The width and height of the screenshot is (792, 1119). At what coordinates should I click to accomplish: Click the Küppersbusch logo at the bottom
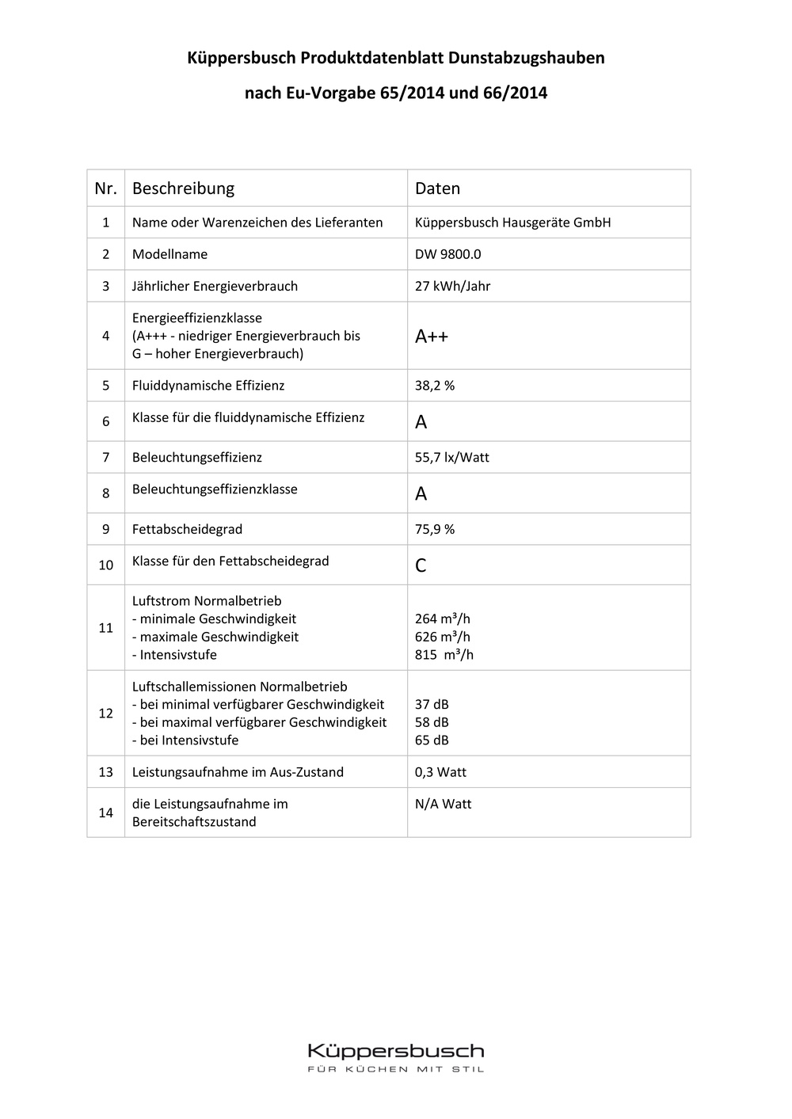[395, 1051]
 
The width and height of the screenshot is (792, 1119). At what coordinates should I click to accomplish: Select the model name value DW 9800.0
[447, 254]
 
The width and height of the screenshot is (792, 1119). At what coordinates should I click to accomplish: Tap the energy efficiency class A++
[432, 337]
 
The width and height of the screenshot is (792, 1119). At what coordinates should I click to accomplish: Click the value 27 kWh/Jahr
[452, 286]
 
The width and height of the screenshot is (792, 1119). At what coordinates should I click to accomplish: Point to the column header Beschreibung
[183, 188]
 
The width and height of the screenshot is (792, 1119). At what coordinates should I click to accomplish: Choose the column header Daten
[437, 188]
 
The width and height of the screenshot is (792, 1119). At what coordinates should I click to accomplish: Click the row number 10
[106, 565]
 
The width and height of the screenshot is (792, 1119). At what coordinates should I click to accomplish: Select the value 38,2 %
[435, 386]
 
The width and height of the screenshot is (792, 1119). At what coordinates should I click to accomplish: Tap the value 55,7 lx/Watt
[451, 458]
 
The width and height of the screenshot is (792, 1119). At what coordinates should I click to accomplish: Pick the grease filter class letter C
[421, 565]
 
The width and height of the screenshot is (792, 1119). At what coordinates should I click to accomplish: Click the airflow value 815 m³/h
[444, 655]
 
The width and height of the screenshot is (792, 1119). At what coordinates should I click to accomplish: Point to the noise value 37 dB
[432, 704]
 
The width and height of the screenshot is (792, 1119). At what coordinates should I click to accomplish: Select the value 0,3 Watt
[440, 772]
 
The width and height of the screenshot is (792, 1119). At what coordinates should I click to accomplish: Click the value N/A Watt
[443, 804]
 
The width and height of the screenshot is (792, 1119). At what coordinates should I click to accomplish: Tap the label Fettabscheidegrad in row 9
[187, 529]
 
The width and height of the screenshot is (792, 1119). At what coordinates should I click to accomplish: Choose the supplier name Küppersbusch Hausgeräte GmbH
[512, 223]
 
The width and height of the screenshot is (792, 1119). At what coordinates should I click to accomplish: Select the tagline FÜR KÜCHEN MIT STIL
[395, 1069]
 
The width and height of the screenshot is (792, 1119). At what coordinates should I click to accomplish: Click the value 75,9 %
[435, 529]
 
